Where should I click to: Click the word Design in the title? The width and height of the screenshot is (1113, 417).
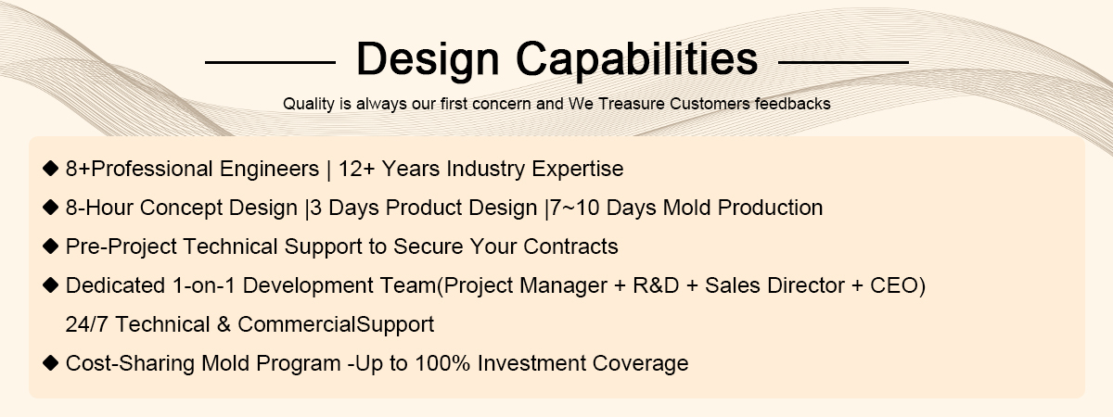(x=428, y=60)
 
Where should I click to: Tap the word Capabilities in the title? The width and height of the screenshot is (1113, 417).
(x=636, y=58)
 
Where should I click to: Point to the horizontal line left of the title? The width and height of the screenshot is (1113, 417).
(x=270, y=62)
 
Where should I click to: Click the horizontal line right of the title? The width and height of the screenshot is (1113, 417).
(x=843, y=62)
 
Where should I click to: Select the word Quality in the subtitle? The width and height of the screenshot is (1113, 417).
(x=309, y=104)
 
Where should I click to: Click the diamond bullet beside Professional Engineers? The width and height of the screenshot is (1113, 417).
(x=51, y=169)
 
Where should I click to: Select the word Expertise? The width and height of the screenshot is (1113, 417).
(x=577, y=170)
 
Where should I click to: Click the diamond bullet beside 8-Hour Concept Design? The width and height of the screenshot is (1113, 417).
(x=51, y=207)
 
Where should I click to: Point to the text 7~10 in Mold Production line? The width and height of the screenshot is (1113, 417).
(x=574, y=208)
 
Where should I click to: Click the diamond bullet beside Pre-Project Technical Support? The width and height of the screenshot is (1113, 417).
(x=51, y=246)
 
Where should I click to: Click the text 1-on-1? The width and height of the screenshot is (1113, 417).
(x=204, y=285)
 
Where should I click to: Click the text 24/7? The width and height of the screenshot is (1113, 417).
(x=86, y=324)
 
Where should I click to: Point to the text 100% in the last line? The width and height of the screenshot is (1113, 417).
(x=442, y=363)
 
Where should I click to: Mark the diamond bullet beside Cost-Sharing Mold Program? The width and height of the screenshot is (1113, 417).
(x=51, y=363)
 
